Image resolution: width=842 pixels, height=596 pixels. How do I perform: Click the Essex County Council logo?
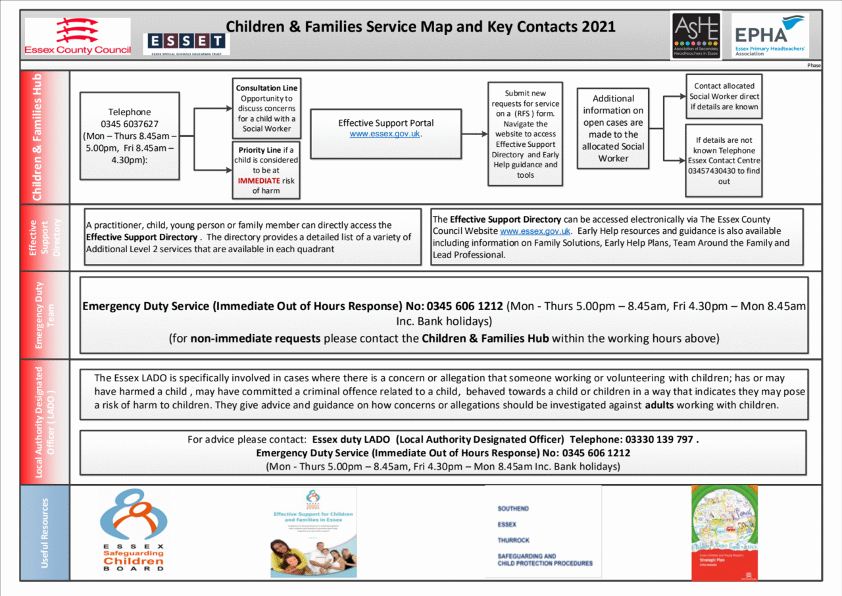(77, 37)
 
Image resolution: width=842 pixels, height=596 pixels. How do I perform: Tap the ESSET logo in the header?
(186, 43)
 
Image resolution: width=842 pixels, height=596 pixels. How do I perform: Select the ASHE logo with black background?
(695, 36)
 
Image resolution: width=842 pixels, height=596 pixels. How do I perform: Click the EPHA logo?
(770, 36)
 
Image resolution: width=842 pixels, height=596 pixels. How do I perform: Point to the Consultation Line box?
(266, 108)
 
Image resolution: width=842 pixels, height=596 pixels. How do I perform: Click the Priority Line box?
(266, 170)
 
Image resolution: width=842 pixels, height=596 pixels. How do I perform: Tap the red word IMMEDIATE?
(259, 180)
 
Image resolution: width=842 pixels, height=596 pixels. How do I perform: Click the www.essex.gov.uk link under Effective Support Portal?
(385, 134)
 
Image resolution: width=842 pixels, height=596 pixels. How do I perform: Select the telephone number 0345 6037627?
(130, 124)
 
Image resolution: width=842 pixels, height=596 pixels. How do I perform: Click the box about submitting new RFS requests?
(525, 134)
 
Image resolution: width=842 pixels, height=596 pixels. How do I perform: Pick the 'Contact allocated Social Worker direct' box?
(724, 96)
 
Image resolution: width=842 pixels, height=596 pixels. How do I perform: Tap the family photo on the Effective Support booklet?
(313, 556)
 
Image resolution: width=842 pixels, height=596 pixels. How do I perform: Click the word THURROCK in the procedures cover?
(514, 541)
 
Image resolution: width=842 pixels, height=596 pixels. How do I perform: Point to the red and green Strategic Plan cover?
(724, 533)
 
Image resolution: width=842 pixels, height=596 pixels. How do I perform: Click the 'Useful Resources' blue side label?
(45, 532)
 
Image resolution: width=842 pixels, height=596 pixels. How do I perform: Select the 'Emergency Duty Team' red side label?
(45, 315)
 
